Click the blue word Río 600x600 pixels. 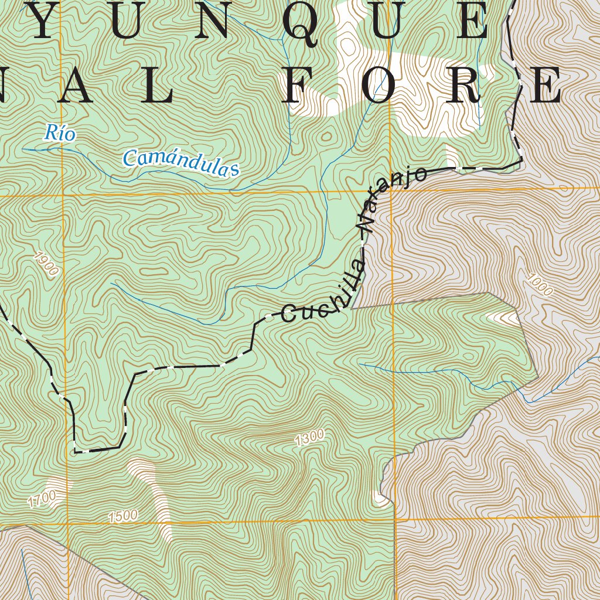pyautogui.click(x=60, y=133)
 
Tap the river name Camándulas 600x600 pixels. pyautogui.click(x=181, y=163)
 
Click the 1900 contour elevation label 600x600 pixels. pyautogui.click(x=46, y=264)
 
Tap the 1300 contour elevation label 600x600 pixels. pyautogui.click(x=310, y=438)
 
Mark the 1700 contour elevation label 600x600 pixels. pyautogui.click(x=42, y=499)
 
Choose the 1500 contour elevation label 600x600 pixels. pyautogui.click(x=123, y=516)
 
